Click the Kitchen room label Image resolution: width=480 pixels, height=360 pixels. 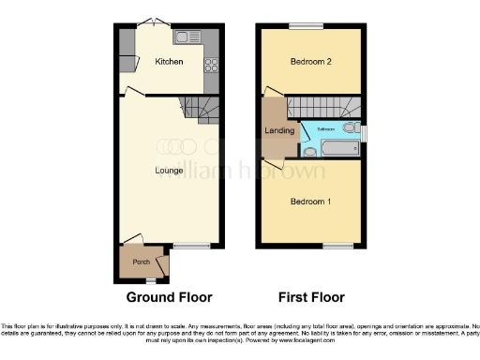169,62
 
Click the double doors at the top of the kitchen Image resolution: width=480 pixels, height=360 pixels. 150,22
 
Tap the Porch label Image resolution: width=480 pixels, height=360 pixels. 142,262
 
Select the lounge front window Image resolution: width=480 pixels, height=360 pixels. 192,246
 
